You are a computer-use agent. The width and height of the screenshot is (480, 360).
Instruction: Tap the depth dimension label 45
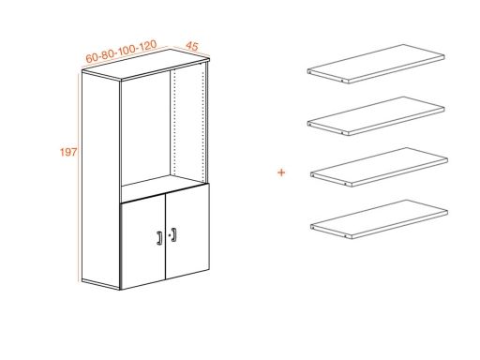(x=192, y=45)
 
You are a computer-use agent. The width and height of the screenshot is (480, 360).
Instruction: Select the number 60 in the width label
(x=93, y=58)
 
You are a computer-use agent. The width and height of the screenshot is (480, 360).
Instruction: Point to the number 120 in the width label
(x=145, y=45)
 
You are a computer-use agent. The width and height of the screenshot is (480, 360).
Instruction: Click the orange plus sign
(x=281, y=172)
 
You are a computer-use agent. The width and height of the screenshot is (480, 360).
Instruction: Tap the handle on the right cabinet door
(x=173, y=234)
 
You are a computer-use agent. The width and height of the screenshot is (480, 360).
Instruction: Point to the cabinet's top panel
(x=145, y=67)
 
